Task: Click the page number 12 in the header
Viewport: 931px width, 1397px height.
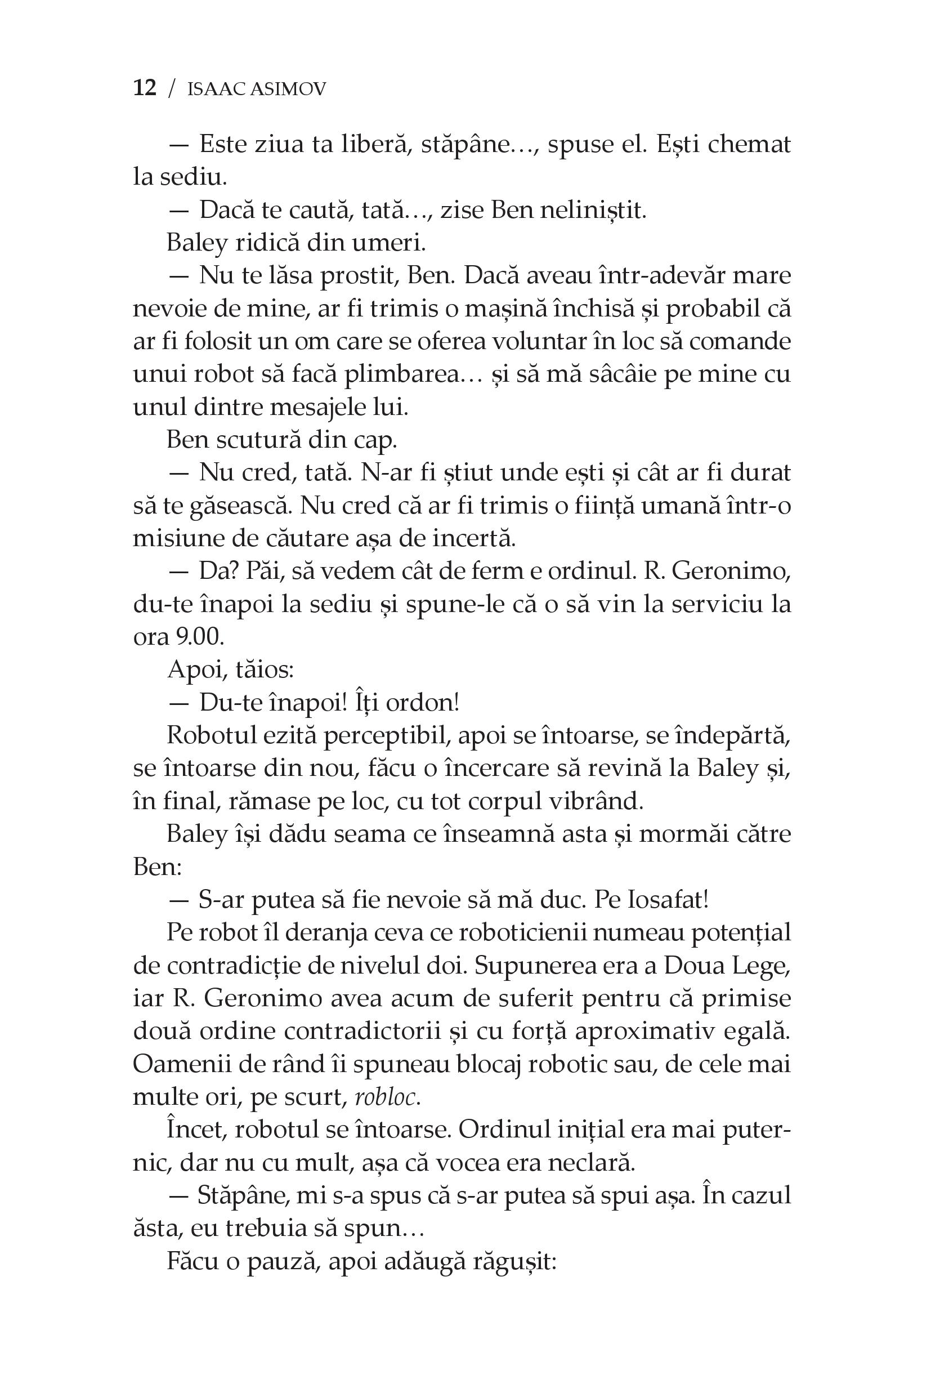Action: [x=145, y=88]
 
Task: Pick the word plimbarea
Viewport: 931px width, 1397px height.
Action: [x=405, y=375]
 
